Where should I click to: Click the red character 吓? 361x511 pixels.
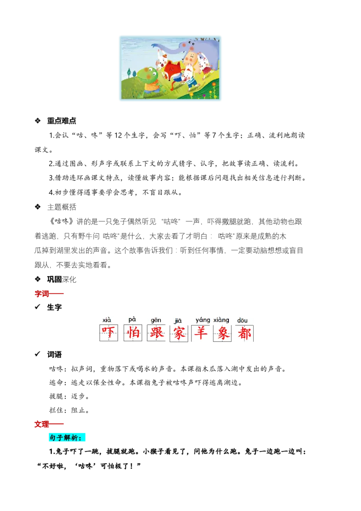pyautogui.click(x=108, y=333)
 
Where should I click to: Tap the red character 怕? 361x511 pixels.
pyautogui.click(x=133, y=333)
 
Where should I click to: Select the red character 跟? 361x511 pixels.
pyautogui.click(x=157, y=333)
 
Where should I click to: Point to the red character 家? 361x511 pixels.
pyautogui.click(x=179, y=334)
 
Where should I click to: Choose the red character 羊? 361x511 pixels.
pyautogui.click(x=200, y=333)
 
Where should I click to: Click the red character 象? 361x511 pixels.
pyautogui.click(x=222, y=333)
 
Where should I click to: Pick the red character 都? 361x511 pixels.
pyautogui.click(x=245, y=333)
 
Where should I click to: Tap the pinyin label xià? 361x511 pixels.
pyautogui.click(x=107, y=320)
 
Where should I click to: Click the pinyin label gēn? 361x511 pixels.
pyautogui.click(x=156, y=320)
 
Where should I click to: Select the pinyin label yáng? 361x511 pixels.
pyautogui.click(x=203, y=320)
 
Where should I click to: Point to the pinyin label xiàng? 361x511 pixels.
pyautogui.click(x=221, y=320)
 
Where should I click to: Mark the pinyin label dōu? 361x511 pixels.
pyautogui.click(x=242, y=321)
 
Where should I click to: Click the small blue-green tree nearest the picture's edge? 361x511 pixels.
pyautogui.click(x=129, y=72)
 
